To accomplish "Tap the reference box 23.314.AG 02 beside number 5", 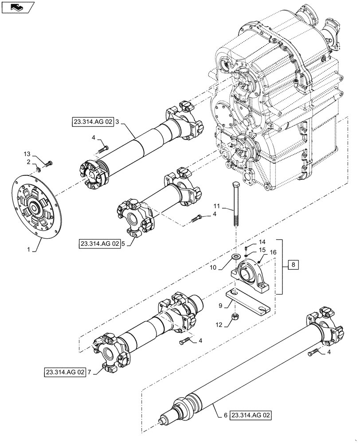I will point(100,243).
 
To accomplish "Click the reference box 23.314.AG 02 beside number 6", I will point(250,416).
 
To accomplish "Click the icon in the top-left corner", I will point(17,7).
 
